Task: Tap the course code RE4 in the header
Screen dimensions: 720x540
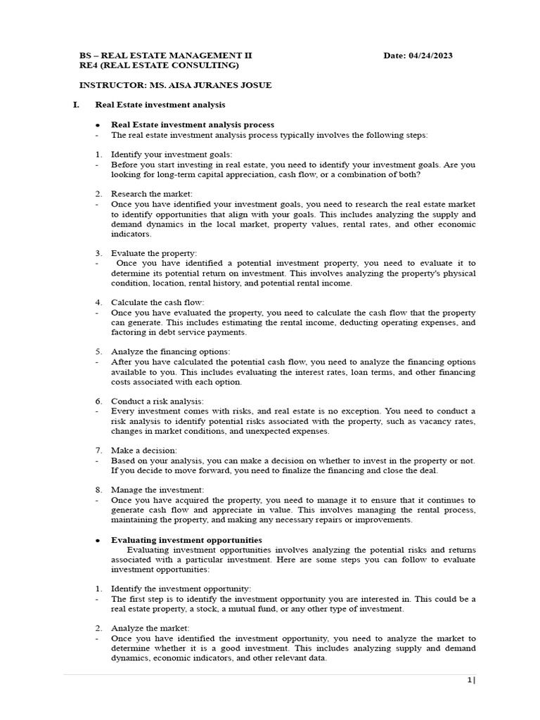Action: tap(91, 65)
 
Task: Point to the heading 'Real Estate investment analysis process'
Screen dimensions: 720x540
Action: tap(193, 124)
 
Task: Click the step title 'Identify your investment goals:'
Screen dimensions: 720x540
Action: tap(171, 154)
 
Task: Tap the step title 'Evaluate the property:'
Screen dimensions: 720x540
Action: tap(154, 252)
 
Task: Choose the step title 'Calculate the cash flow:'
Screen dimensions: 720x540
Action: tap(157, 302)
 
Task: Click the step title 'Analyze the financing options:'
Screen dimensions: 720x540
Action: tap(170, 351)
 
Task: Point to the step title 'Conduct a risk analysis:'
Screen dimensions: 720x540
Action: tap(157, 401)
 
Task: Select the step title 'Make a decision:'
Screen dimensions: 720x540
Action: tap(144, 450)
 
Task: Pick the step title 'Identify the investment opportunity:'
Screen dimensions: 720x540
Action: tap(181, 588)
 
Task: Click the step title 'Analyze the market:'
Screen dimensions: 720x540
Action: tap(150, 628)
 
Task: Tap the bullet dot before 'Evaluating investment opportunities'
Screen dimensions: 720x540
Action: tap(97, 540)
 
